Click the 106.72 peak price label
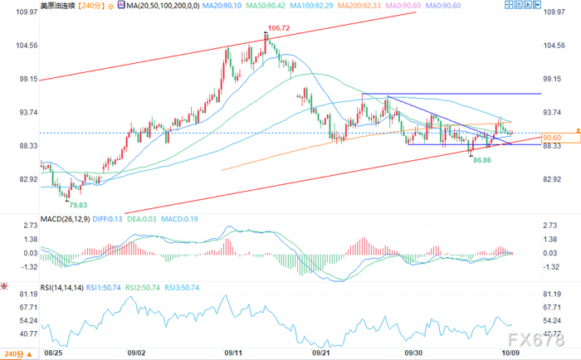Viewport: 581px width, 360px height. click(279, 28)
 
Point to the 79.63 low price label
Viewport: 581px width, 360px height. click(78, 205)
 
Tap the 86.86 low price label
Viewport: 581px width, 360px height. click(482, 160)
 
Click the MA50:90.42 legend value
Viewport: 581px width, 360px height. click(266, 6)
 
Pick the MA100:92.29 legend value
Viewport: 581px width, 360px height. click(311, 6)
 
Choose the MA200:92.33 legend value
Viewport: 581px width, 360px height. click(359, 6)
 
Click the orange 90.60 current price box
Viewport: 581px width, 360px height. click(560, 138)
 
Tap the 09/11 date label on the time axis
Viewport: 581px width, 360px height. click(233, 353)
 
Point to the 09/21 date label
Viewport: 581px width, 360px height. click(321, 353)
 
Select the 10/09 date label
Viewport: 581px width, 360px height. click(510, 353)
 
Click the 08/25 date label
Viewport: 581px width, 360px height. click(53, 353)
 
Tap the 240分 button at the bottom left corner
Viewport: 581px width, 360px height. click(18, 354)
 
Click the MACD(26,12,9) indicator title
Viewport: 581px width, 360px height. click(65, 219)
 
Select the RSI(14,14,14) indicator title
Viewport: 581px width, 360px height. click(62, 287)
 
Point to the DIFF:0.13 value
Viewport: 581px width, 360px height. click(107, 219)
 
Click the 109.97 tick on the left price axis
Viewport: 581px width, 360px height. click(27, 12)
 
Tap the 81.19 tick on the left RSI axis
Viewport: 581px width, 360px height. click(28, 294)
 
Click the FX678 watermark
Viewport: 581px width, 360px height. click(536, 339)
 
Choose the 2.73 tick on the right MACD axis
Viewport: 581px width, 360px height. click(550, 225)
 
